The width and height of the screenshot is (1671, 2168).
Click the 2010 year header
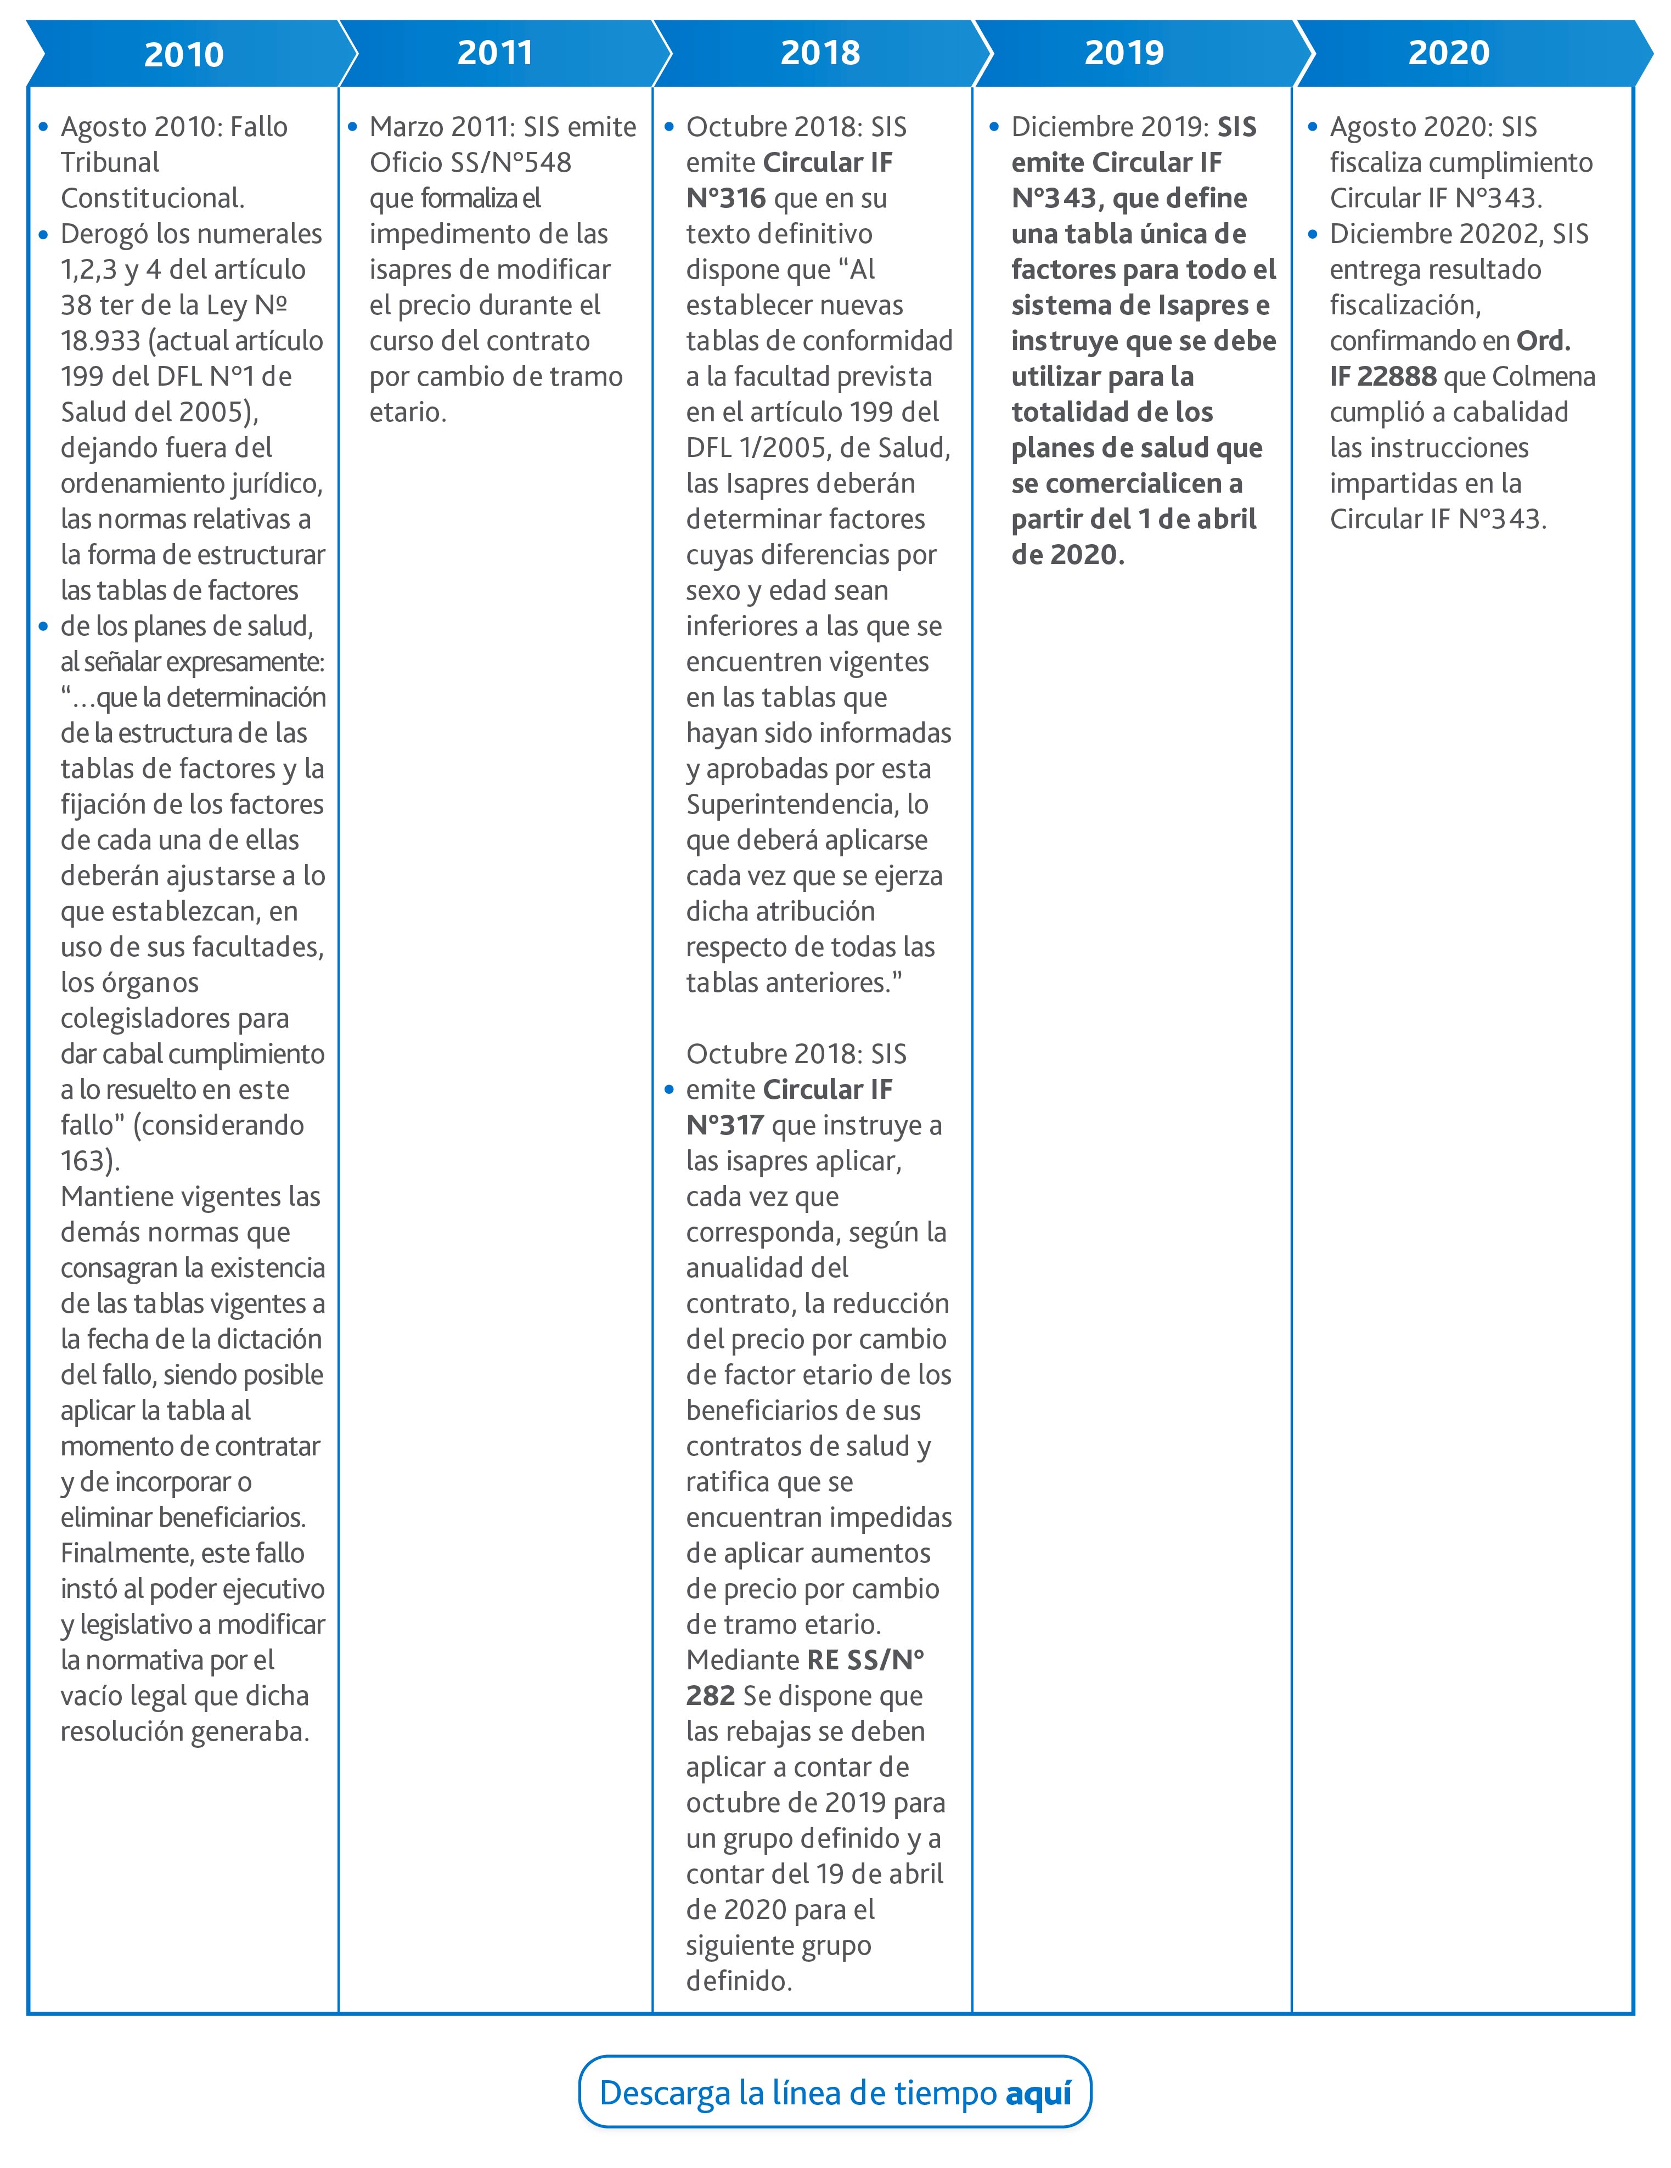click(x=184, y=54)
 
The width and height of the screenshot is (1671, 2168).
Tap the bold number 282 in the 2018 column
click(x=710, y=1696)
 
